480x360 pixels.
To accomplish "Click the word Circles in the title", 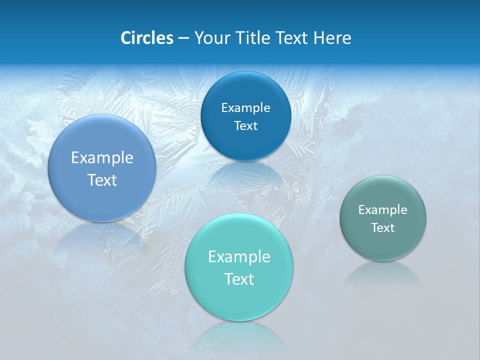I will (146, 38).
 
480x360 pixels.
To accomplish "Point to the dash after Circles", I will (183, 38).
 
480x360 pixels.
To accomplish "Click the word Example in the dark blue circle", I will (246, 108).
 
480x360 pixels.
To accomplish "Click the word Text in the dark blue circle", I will (246, 126).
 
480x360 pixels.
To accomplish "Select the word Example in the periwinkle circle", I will (102, 158).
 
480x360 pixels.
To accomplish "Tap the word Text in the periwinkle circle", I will (102, 180).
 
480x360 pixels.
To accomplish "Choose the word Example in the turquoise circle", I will (239, 257).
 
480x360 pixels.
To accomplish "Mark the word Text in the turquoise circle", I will (239, 279).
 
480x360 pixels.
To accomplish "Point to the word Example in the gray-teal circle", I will (383, 210).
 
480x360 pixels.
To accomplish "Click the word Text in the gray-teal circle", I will (383, 228).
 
